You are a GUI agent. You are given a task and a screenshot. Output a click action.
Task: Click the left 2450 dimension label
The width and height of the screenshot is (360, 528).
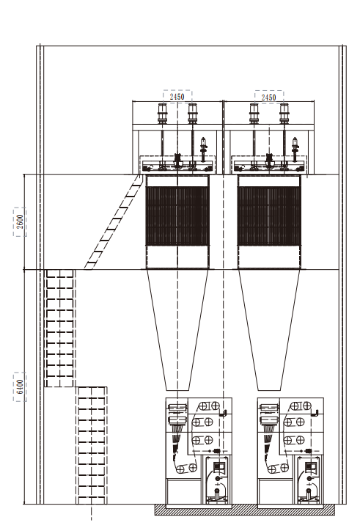click(x=177, y=97)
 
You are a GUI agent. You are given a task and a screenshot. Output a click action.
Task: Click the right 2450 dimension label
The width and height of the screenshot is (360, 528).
click(x=269, y=98)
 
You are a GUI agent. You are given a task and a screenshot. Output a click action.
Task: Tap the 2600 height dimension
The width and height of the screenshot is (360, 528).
click(x=21, y=221)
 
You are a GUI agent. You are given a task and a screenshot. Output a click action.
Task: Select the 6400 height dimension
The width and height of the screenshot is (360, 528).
click(x=21, y=386)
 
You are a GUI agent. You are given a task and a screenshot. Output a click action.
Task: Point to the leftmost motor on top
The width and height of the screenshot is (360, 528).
click(x=163, y=113)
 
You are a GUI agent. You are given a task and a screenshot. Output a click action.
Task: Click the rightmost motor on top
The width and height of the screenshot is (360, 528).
click(x=284, y=113)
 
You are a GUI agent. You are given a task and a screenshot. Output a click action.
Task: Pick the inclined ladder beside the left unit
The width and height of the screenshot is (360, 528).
click(x=112, y=222)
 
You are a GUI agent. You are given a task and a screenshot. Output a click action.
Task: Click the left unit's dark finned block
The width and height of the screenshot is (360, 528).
click(x=177, y=216)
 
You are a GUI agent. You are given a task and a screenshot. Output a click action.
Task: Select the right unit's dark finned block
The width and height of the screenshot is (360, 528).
click(x=269, y=216)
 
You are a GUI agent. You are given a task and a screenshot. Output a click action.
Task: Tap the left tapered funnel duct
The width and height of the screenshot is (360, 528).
click(x=177, y=330)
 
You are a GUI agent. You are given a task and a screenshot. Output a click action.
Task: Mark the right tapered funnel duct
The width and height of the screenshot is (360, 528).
click(x=269, y=330)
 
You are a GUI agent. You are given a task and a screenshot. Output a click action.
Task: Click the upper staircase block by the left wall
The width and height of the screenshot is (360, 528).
click(x=59, y=329)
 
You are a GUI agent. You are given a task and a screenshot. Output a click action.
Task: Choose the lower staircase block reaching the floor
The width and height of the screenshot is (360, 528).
click(x=92, y=446)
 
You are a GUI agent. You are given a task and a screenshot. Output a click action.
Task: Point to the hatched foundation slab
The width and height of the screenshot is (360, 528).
click(x=245, y=510)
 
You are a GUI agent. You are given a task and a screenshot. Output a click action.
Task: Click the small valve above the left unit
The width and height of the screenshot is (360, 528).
click(x=203, y=148)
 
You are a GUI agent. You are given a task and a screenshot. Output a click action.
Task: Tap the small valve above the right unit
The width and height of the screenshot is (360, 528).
click(x=295, y=148)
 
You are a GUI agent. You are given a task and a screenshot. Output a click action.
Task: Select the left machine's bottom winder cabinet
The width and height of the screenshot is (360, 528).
click(x=217, y=480)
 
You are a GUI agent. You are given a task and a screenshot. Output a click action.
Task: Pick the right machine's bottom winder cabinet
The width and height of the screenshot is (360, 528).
click(x=309, y=480)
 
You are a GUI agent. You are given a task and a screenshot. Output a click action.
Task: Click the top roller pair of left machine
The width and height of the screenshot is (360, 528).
click(x=209, y=406)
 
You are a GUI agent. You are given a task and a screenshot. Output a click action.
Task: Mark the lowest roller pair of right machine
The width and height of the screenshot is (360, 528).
click(x=279, y=468)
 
